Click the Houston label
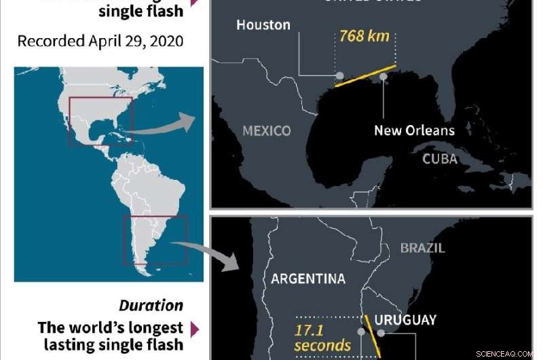pyautogui.click(x=263, y=25)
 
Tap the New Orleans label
pyautogui.click(x=414, y=130)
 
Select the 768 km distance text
pyautogui.click(x=364, y=36)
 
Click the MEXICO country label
pyautogui.click(x=266, y=130)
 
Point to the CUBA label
pyautogui.click(x=440, y=159)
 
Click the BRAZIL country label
pyautogui.click(x=423, y=248)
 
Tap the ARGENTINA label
pyautogui.click(x=308, y=278)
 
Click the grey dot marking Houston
pyautogui.click(x=339, y=76)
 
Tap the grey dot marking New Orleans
pyautogui.click(x=383, y=77)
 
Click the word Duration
pyautogui.click(x=151, y=306)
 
